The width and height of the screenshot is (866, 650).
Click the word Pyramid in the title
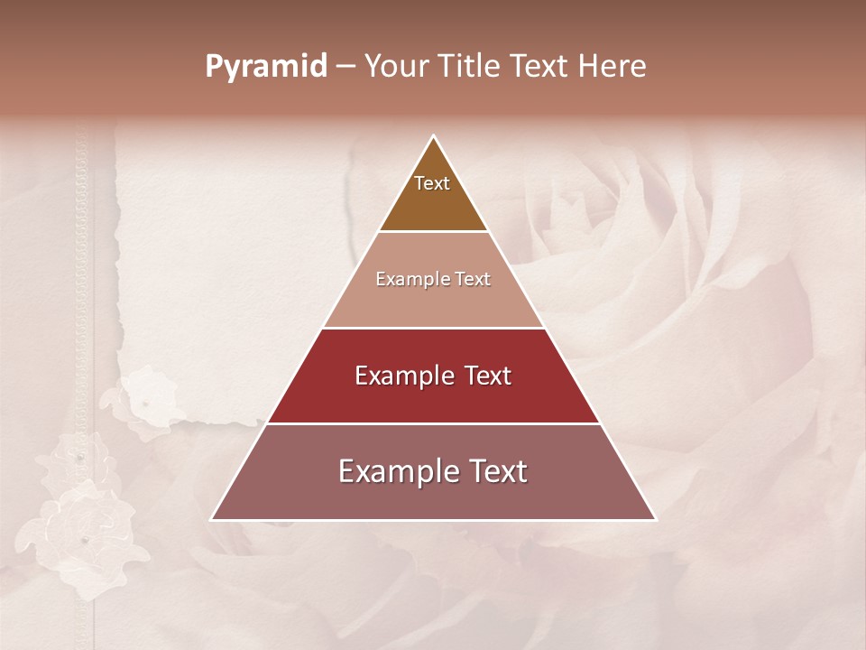click(x=265, y=67)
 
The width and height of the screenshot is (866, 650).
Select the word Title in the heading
click(x=470, y=66)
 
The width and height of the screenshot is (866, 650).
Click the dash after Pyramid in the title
click(x=345, y=67)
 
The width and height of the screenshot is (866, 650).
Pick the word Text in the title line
click(x=540, y=66)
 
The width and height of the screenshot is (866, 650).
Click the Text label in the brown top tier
click(x=432, y=183)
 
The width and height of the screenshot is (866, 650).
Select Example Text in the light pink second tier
click(x=433, y=279)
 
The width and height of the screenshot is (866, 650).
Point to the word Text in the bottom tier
click(x=494, y=471)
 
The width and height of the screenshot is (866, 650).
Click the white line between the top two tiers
click(x=433, y=231)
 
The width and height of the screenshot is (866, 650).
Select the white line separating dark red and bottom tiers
click(x=433, y=423)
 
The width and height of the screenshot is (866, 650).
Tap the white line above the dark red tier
click(x=433, y=328)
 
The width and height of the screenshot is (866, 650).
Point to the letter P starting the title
click(x=213, y=67)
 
